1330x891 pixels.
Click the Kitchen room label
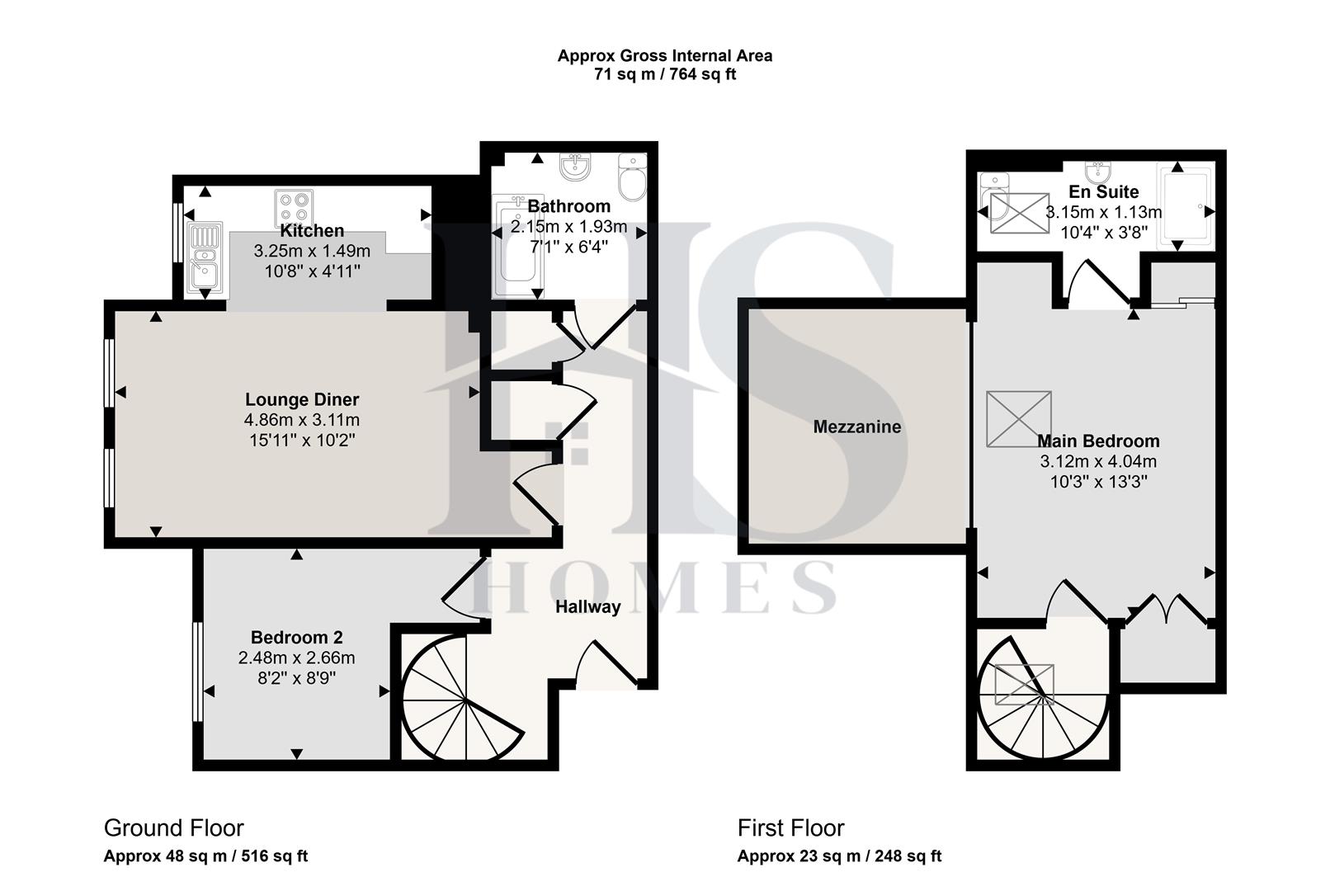tap(312, 231)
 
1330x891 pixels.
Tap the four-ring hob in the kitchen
tap(294, 205)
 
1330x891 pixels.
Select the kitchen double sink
tap(203, 257)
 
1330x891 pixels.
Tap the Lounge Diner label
tap(302, 400)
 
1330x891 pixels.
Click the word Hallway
tap(587, 607)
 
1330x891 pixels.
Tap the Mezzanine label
tap(856, 427)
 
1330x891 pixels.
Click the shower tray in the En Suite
tap(1186, 207)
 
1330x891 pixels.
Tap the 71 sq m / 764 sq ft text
tap(665, 74)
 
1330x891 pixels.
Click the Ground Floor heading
tap(173, 827)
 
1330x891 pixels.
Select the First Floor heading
tap(790, 827)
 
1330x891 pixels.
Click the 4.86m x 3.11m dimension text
tap(302, 420)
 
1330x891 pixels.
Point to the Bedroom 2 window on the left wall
tap(197, 672)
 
